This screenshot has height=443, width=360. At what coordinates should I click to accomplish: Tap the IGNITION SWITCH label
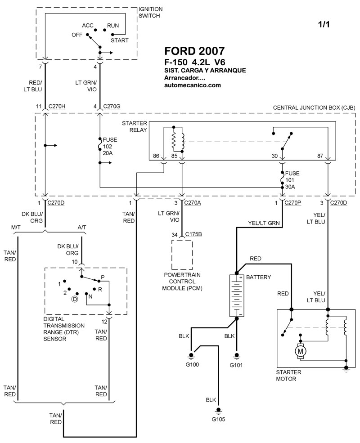click(x=151, y=12)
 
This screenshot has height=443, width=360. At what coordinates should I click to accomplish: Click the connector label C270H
click(x=56, y=106)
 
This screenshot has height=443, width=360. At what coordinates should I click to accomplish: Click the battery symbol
click(x=237, y=296)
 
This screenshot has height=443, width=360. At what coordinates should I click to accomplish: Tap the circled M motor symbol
click(x=301, y=349)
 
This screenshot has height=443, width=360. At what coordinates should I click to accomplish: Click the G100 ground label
click(x=192, y=365)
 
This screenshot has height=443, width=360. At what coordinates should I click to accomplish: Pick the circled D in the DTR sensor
click(x=75, y=299)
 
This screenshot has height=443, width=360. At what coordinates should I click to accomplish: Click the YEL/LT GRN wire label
click(x=264, y=222)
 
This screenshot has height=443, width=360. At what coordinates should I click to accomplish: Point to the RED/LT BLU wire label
click(x=35, y=85)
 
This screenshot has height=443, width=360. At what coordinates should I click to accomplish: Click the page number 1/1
click(x=323, y=25)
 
